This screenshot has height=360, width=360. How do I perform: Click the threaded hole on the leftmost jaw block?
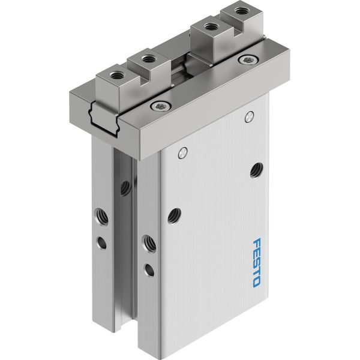click(114, 74)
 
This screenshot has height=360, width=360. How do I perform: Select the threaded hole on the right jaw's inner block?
click(209, 27)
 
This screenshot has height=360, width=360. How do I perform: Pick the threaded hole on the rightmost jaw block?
click(240, 10)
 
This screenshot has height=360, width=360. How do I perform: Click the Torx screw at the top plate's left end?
click(160, 106)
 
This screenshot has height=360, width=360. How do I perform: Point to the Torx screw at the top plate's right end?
click(248, 60)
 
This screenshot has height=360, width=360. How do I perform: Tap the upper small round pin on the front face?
click(250, 116)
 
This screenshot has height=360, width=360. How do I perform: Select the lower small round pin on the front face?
click(182, 152)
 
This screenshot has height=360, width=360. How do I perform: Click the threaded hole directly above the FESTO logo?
click(256, 170)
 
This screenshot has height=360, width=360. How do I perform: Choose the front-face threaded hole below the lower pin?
click(174, 216)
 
